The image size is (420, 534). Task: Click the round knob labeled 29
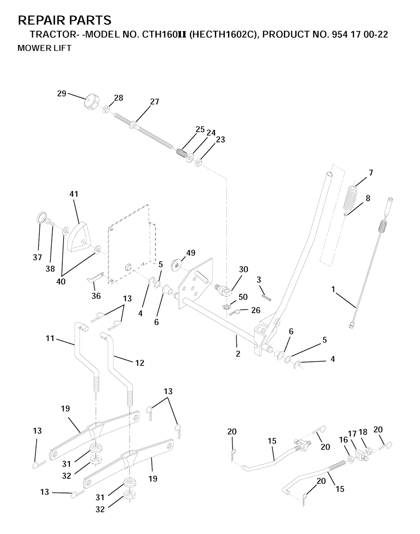point(91,103)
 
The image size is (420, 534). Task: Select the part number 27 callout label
point(154,102)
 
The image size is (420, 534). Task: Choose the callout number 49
point(191,253)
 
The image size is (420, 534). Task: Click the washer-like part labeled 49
point(176,265)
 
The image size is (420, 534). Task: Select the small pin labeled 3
point(266,297)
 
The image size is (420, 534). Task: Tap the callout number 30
point(244,269)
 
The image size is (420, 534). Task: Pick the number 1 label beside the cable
point(333,289)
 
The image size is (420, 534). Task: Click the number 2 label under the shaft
point(238,354)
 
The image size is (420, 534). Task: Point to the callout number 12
point(140,363)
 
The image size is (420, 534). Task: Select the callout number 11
point(50,338)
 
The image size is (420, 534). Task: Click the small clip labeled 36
point(95,277)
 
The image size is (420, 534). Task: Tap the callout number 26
point(256,310)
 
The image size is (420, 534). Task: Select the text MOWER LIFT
point(44,48)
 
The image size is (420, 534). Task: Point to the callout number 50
point(243,297)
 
